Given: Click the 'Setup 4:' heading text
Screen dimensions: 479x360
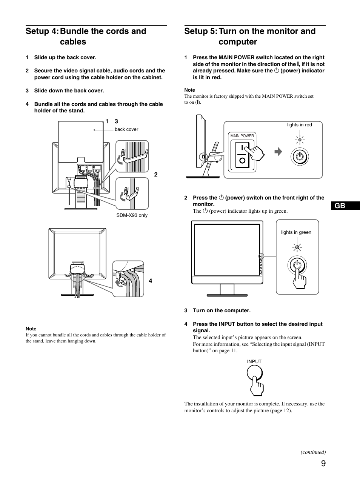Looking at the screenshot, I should click(x=42, y=31).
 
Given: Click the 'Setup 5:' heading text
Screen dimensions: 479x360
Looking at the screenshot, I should click(x=200, y=31).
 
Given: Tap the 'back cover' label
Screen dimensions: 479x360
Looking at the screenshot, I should click(x=126, y=129).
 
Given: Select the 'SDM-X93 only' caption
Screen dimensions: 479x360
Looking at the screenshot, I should click(x=132, y=215).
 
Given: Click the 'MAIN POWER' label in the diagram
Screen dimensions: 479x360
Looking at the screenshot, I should click(x=242, y=136).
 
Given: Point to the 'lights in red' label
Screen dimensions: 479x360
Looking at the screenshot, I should click(x=300, y=125).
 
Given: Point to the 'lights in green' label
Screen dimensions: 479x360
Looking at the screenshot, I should click(x=296, y=232).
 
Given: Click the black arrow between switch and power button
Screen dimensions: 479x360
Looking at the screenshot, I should click(x=278, y=152).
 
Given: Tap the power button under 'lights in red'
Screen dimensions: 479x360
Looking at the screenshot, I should click(x=300, y=157).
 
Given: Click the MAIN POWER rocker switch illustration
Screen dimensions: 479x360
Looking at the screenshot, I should click(x=242, y=155).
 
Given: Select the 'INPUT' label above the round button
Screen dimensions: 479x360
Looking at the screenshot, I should click(x=254, y=361).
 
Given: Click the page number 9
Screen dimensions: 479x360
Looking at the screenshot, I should click(x=323, y=464).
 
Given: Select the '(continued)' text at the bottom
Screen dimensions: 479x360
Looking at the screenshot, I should click(x=313, y=452).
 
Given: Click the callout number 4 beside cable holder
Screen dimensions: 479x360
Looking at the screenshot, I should click(x=150, y=281).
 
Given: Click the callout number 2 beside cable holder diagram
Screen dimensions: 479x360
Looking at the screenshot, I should click(x=155, y=175).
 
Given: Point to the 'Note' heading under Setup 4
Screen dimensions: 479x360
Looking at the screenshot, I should click(x=31, y=329).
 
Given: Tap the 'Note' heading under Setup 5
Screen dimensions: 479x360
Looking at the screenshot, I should click(x=189, y=90).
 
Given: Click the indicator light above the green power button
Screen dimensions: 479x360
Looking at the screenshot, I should click(x=297, y=248).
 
